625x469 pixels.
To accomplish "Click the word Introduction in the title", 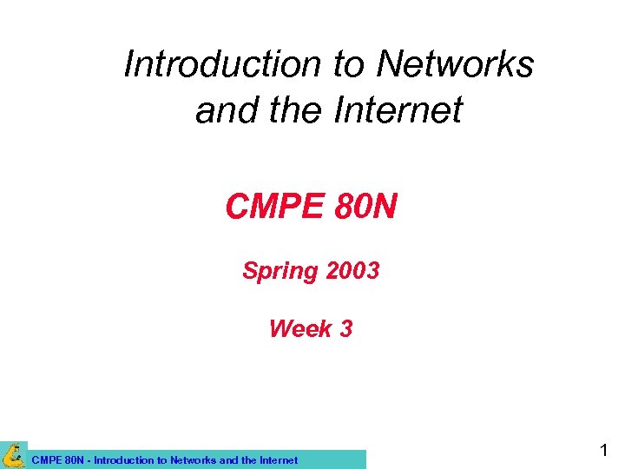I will coord(222,64).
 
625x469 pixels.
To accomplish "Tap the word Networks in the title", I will coord(455,64).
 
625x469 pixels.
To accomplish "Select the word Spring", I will coord(280,271).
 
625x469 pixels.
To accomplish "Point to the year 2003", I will coord(352,271).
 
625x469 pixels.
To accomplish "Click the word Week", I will coord(300,328).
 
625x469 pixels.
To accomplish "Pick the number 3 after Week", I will coord(345,328).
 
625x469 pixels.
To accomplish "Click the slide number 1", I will coord(604,451).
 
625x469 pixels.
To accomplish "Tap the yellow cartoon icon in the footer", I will coord(14,454).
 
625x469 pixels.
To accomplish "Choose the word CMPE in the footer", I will coord(46,460).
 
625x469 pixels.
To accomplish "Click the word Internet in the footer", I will coord(277,460).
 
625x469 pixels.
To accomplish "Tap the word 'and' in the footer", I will coord(227,460).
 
